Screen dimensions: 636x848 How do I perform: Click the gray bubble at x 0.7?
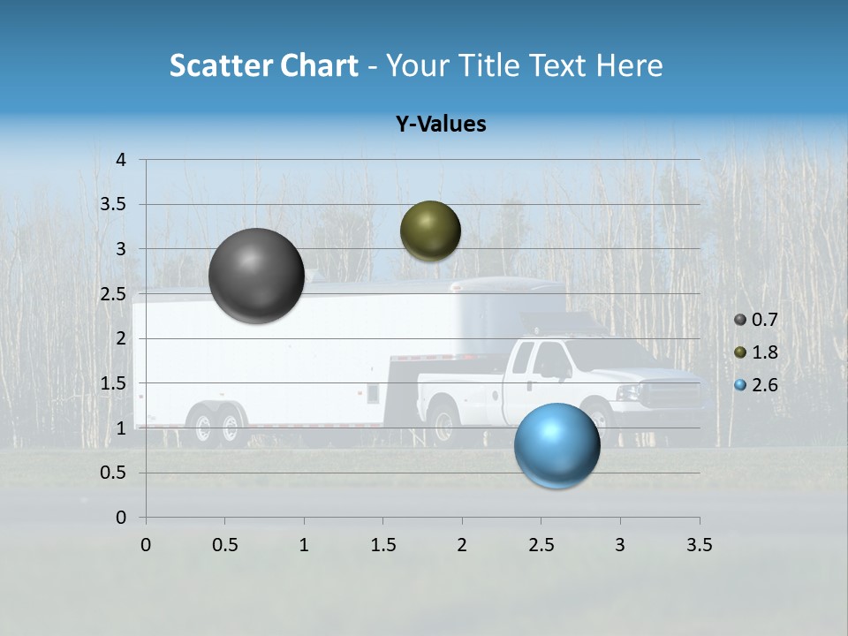pos(257,276)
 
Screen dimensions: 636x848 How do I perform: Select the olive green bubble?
pos(430,231)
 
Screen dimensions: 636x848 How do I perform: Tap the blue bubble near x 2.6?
pos(556,444)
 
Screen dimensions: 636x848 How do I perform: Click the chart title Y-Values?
pos(440,125)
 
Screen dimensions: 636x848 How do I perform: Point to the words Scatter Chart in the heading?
pos(263,65)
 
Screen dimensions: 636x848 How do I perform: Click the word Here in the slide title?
pos(629,65)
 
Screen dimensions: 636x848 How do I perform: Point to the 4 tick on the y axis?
pos(122,160)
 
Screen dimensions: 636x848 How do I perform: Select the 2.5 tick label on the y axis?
pos(114,294)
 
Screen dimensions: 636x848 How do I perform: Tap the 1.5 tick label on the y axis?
pos(114,383)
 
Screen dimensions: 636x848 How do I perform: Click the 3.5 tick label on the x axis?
pos(699,545)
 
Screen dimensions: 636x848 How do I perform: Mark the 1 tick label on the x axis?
pos(304,545)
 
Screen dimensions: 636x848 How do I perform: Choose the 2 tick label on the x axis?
pos(462,545)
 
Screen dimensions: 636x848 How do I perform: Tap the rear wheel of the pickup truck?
pos(442,416)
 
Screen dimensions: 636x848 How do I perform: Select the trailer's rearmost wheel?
pos(202,426)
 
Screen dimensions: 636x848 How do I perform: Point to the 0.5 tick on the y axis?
pos(114,473)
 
